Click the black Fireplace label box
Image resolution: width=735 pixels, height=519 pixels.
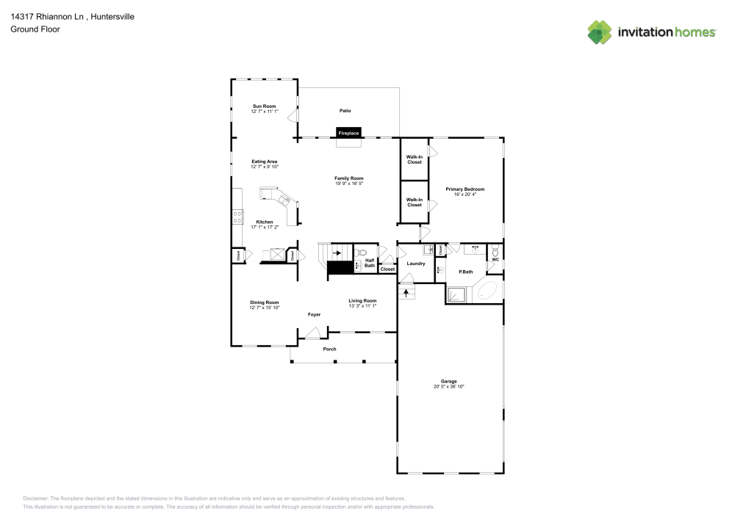348,133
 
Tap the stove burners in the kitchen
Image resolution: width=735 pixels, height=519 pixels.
237,217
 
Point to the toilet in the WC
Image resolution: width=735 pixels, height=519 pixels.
495,250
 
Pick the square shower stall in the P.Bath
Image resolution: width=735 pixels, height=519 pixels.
457,295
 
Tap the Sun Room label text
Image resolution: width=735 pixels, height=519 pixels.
264,106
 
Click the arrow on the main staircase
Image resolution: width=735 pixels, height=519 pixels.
337,253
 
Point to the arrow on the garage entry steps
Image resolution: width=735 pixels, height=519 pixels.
405,291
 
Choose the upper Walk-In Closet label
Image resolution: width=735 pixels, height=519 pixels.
415,158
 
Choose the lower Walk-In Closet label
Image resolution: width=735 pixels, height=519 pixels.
415,202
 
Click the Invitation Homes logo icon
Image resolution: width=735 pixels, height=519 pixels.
600,32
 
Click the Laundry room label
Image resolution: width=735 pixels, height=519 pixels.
416,263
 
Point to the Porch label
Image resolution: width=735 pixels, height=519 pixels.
330,349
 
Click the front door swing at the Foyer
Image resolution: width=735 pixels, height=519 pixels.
312,333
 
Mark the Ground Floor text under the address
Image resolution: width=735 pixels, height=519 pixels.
35,29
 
